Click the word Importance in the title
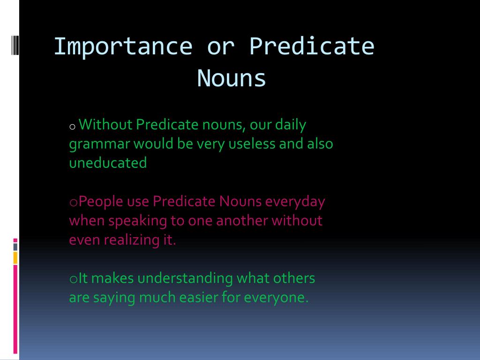click(123, 47)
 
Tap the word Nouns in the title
click(232, 78)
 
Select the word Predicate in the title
click(312, 47)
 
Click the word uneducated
click(108, 163)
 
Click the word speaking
click(137, 221)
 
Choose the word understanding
click(185, 278)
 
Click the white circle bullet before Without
click(73, 127)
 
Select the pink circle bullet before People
click(74, 202)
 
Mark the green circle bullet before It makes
click(74, 279)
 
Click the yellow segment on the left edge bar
click(15, 258)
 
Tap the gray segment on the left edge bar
click(15, 247)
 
